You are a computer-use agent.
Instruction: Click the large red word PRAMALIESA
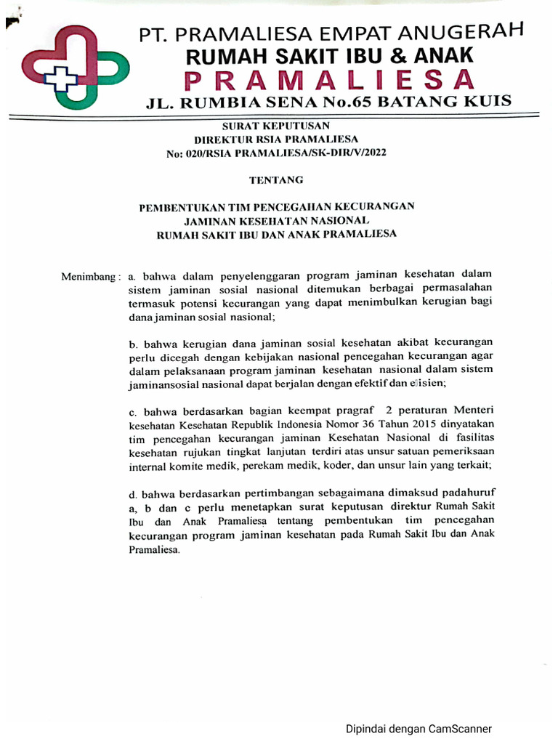(x=331, y=78)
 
